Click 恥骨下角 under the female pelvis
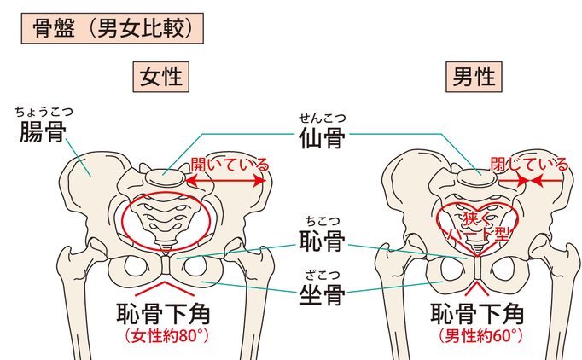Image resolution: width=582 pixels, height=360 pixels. coord(160,311)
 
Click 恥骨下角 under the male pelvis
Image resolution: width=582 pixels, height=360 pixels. coord(474,311)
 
